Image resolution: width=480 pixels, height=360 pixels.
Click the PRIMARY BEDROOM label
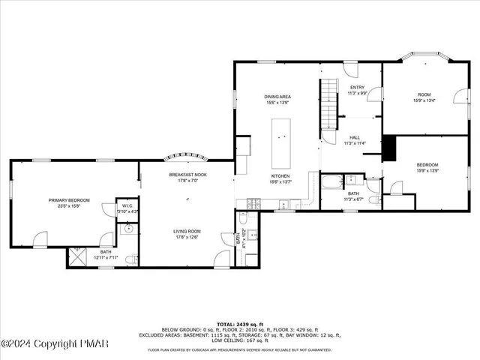pos(69,200)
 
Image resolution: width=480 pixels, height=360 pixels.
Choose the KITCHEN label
pos(279,177)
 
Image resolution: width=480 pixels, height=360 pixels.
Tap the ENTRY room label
pos(357,88)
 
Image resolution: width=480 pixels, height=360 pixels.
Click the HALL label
pos(354,138)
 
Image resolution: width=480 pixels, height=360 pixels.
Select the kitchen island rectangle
pos(281,142)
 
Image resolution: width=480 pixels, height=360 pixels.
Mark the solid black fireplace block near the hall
pos(388,148)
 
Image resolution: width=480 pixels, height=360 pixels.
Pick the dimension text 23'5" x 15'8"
pos(69,206)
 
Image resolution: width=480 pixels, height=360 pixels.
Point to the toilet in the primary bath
pos(130,259)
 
